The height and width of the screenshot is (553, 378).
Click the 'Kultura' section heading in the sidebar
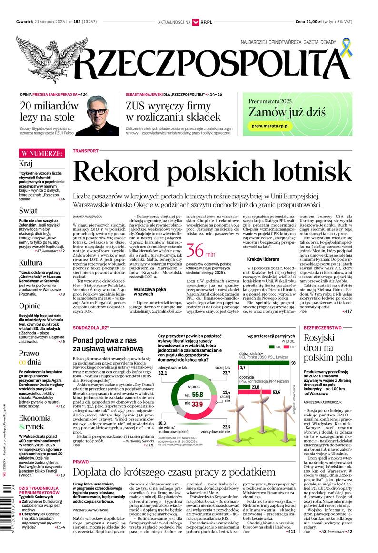pos(30,262)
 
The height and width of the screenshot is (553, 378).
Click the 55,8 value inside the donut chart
pos(197,395)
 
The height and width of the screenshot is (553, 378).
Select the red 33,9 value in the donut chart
pos(197,404)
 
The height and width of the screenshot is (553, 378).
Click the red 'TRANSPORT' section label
pos(86,151)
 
